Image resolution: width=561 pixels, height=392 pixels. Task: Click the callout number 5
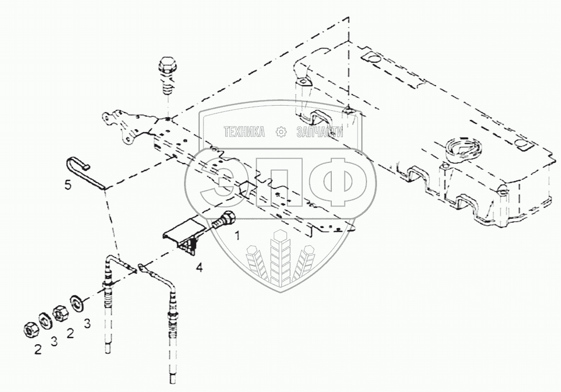coord(68,185)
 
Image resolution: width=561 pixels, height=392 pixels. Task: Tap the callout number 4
coord(198,267)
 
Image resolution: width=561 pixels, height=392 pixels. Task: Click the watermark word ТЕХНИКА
coord(244,132)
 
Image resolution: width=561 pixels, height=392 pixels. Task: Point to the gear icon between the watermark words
coord(282,132)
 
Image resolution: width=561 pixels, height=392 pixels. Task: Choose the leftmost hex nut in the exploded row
coord(29,329)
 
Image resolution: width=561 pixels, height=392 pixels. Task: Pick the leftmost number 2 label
coord(38,349)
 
